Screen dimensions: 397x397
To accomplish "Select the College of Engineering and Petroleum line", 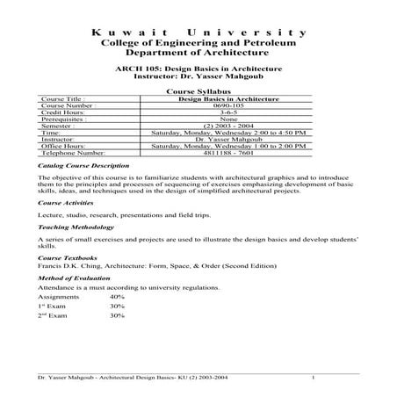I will click(198, 44).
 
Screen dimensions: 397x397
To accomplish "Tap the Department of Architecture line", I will click(198, 54).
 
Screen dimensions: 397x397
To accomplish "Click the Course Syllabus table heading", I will click(198, 91).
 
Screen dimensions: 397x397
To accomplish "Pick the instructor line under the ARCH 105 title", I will click(198, 76).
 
